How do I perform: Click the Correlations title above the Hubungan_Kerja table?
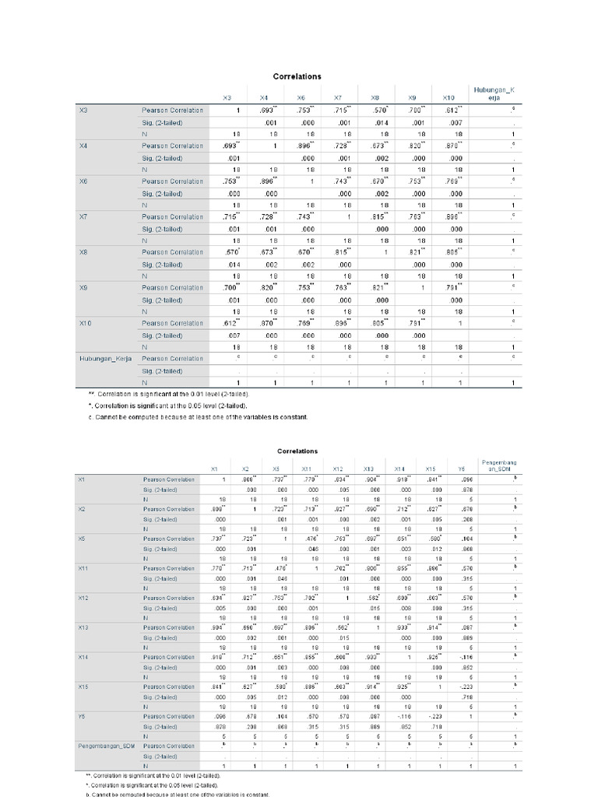click(x=297, y=76)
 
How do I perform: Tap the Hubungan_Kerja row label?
click(x=106, y=359)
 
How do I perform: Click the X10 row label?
click(x=86, y=323)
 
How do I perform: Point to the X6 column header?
click(x=300, y=98)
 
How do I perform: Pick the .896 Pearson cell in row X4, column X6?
click(x=301, y=146)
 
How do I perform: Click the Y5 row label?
click(x=82, y=716)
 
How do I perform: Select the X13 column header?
click(x=368, y=469)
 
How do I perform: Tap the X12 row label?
click(x=83, y=598)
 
